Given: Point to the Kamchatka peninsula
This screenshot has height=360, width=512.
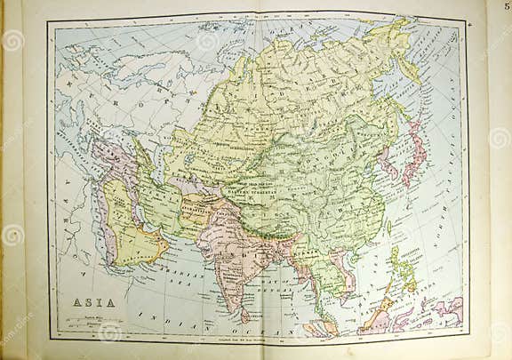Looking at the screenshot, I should coord(412,62).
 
